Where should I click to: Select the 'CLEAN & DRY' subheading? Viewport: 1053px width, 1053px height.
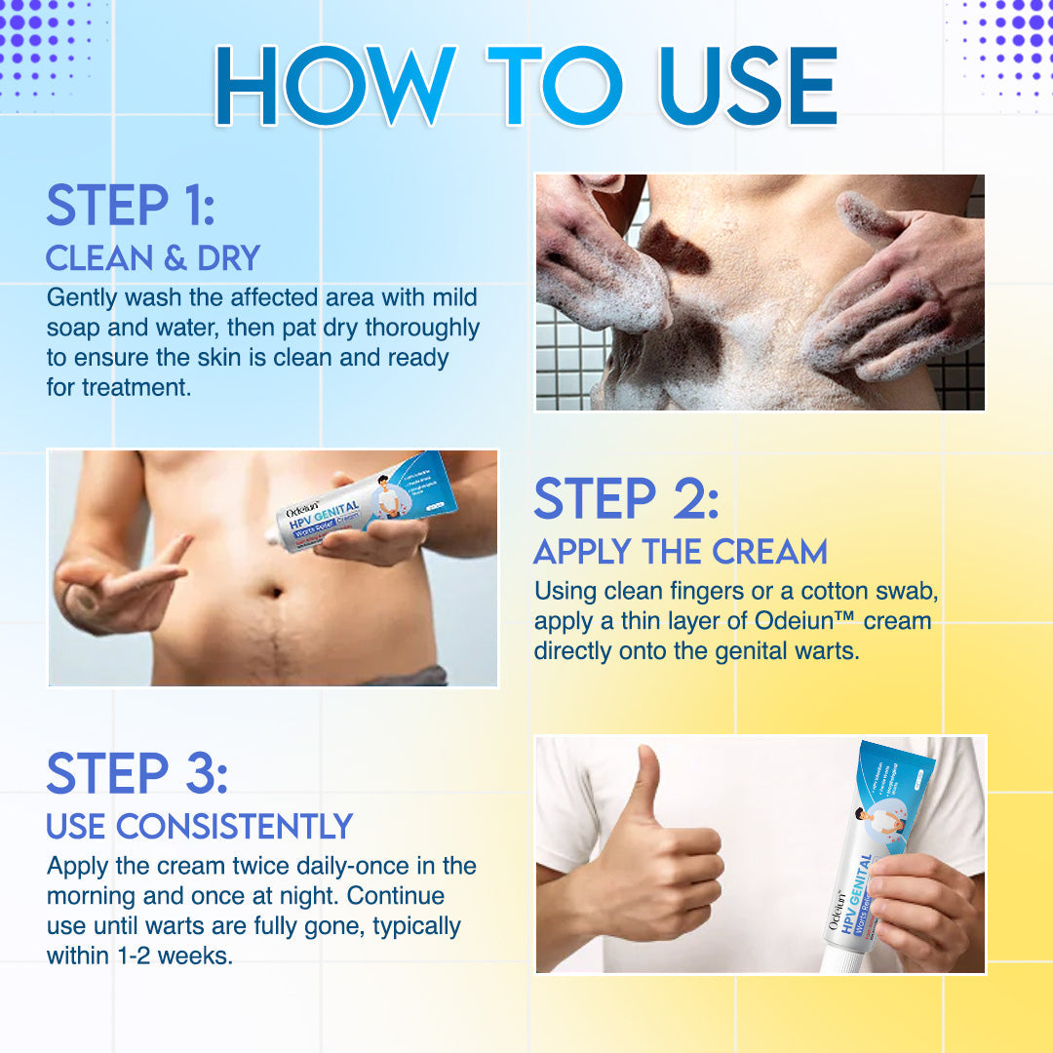(153, 257)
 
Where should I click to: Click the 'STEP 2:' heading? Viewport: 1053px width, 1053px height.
(626, 498)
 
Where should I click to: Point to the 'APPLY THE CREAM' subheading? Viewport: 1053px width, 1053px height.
(680, 552)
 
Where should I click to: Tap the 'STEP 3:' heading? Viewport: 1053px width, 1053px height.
(136, 773)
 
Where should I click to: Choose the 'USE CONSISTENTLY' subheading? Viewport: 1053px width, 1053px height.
(199, 827)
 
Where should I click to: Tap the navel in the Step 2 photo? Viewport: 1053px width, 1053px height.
(275, 591)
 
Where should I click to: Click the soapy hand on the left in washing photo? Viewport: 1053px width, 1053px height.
(595, 263)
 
